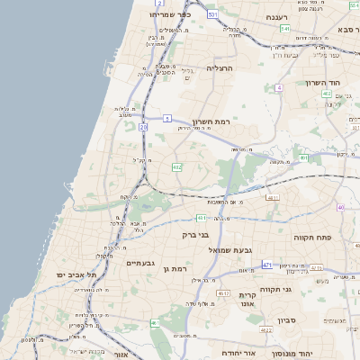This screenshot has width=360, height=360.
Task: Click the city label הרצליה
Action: pyautogui.click(x=220, y=67)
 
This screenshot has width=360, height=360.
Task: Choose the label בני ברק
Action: pyautogui.click(x=194, y=235)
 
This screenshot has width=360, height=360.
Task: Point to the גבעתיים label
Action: pyautogui.click(x=141, y=263)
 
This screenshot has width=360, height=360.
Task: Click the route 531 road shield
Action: pyautogui.click(x=212, y=15)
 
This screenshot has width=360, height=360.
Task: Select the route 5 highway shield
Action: pyautogui.click(x=167, y=118)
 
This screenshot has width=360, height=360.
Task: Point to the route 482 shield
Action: pyautogui.click(x=177, y=166)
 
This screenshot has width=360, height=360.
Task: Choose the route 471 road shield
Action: pyautogui.click(x=266, y=265)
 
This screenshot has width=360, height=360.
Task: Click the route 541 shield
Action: pyautogui.click(x=285, y=29)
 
